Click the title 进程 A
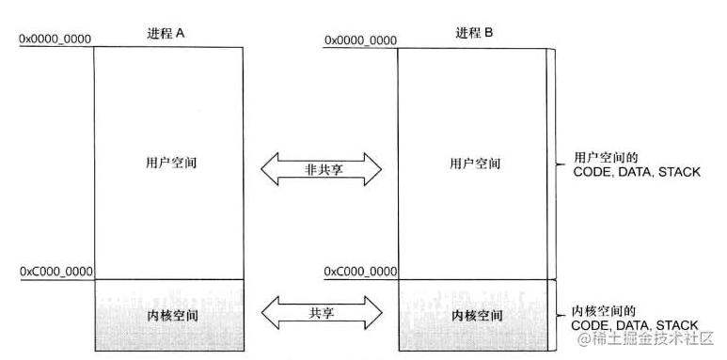point(168,32)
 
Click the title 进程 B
point(474,32)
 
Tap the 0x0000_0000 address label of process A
point(55,39)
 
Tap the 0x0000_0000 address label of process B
point(360,39)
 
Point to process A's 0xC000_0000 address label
point(55,272)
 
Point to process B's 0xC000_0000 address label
point(360,272)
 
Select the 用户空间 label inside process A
point(169,164)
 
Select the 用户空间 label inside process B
point(475,164)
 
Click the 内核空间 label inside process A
point(170,315)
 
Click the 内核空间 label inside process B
point(475,315)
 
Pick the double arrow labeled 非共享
point(321,169)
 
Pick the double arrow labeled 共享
point(321,312)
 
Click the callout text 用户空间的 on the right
point(602,157)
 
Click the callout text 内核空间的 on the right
point(602,309)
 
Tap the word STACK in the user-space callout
point(678,172)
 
